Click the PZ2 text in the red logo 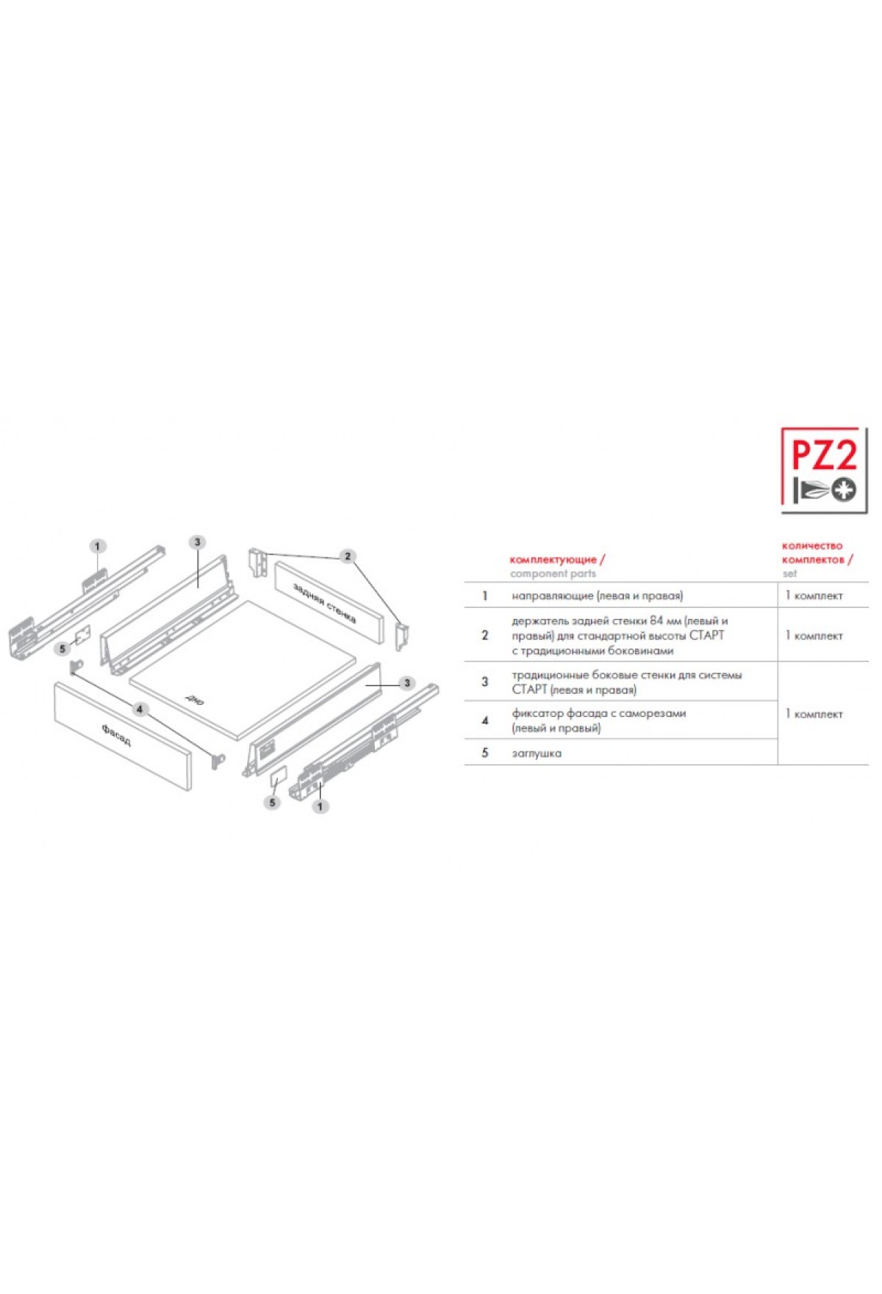[823, 456]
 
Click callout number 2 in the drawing [348, 556]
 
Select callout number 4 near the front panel [140, 709]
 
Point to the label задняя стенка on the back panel [324, 603]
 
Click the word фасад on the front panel [117, 734]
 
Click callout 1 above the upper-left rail [98, 546]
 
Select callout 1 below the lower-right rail [320, 807]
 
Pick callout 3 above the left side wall [197, 543]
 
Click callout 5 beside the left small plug [63, 649]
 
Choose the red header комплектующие [553, 560]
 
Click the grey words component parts [553, 573]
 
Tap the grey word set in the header [789, 573]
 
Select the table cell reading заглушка [537, 754]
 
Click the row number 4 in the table [484, 721]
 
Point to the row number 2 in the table [484, 635]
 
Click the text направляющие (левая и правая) [597, 596]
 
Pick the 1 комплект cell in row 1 [814, 596]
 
